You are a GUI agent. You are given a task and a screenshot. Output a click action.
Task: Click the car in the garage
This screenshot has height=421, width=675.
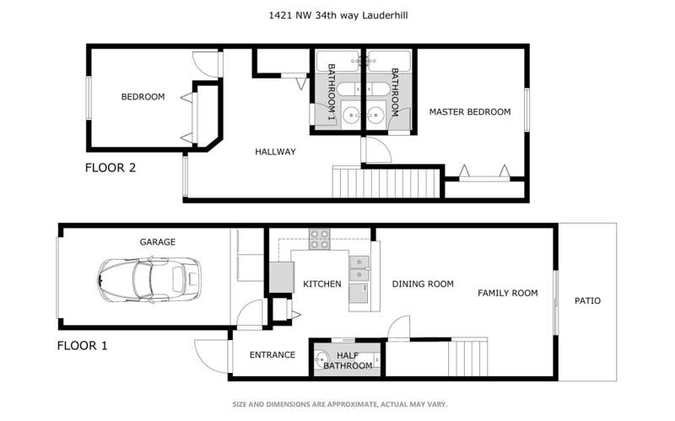point(149,280)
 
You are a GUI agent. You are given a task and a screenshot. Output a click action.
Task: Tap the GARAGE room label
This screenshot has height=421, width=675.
point(158,242)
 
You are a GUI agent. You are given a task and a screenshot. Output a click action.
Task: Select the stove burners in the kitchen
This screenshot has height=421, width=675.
point(320,240)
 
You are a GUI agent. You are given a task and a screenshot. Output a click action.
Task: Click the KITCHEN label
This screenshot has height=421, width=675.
point(322,284)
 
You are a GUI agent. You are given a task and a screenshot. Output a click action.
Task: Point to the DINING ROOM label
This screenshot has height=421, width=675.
point(423,284)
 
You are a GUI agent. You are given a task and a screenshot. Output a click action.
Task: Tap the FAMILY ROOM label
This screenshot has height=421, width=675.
point(508,293)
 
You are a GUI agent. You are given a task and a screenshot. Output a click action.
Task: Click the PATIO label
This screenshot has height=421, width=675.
point(587,301)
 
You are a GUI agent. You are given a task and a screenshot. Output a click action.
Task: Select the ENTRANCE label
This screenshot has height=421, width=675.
point(273,354)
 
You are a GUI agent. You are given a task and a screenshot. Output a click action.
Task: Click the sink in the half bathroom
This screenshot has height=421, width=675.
point(321,359)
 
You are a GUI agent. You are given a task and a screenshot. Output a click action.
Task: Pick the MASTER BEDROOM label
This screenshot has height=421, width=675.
point(470,112)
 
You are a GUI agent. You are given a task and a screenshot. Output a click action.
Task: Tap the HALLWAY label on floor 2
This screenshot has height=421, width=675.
point(276,152)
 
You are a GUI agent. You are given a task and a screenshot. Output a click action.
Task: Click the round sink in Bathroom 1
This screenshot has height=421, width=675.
point(352,115)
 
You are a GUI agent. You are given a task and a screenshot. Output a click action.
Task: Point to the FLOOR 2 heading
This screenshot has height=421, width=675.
point(111,168)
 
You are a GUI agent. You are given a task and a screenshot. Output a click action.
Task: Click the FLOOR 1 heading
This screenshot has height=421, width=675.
point(82,346)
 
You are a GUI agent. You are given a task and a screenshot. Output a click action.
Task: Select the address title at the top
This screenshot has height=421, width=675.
point(338,15)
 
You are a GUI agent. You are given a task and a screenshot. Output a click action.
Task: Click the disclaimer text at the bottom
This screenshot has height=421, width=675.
point(340,404)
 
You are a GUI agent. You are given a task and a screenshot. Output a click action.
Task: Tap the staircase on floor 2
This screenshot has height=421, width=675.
point(386,182)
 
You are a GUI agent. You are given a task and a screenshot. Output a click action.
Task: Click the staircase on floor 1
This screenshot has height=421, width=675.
point(468,357)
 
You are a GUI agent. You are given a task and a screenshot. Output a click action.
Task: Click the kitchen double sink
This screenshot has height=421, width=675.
point(359,268)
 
